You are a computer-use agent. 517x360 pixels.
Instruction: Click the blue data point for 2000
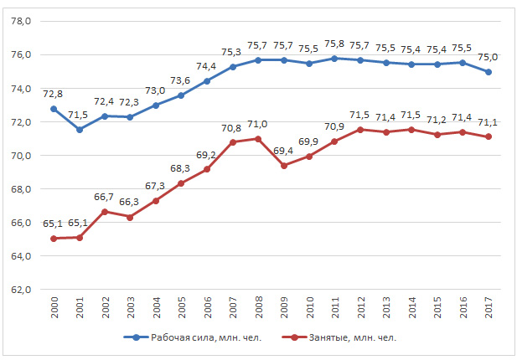pyautogui.click(x=54, y=109)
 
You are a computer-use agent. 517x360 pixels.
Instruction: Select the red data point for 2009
pyautogui.click(x=284, y=166)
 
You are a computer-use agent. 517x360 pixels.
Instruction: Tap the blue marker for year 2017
pyautogui.click(x=489, y=72)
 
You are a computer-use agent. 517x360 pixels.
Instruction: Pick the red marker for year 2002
pyautogui.click(x=105, y=211)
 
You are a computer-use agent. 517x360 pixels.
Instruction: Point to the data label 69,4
pyautogui.click(x=284, y=152)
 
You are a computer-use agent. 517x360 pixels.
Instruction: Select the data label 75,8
pyautogui.click(x=335, y=44)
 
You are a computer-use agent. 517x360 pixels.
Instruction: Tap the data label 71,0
pyautogui.click(x=258, y=125)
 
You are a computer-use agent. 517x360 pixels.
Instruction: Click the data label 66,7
pyautogui.click(x=105, y=197)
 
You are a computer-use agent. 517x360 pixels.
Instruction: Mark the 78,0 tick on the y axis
pyautogui.click(x=20, y=22)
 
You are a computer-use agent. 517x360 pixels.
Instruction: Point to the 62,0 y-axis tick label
pyautogui.click(x=20, y=290)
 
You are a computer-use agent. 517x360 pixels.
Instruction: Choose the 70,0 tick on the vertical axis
pyautogui.click(x=20, y=156)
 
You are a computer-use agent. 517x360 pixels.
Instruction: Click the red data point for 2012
pyautogui.click(x=360, y=130)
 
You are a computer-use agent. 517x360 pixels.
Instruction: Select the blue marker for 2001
pyautogui.click(x=79, y=130)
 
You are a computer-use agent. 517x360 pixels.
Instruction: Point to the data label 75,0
pyautogui.click(x=489, y=58)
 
